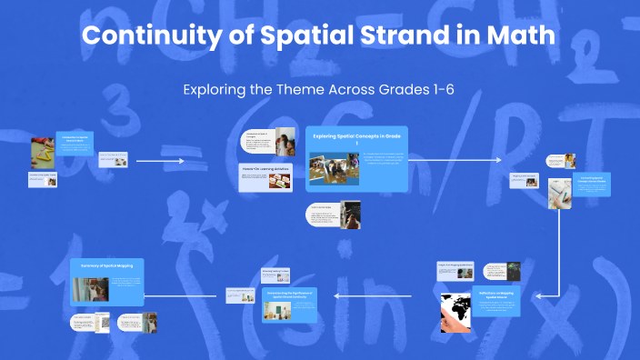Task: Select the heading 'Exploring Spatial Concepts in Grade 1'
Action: [x=356, y=139]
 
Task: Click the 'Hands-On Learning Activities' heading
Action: [x=265, y=167]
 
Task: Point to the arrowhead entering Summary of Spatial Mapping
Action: [x=149, y=294]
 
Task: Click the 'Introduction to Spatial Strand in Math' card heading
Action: [x=75, y=139]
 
